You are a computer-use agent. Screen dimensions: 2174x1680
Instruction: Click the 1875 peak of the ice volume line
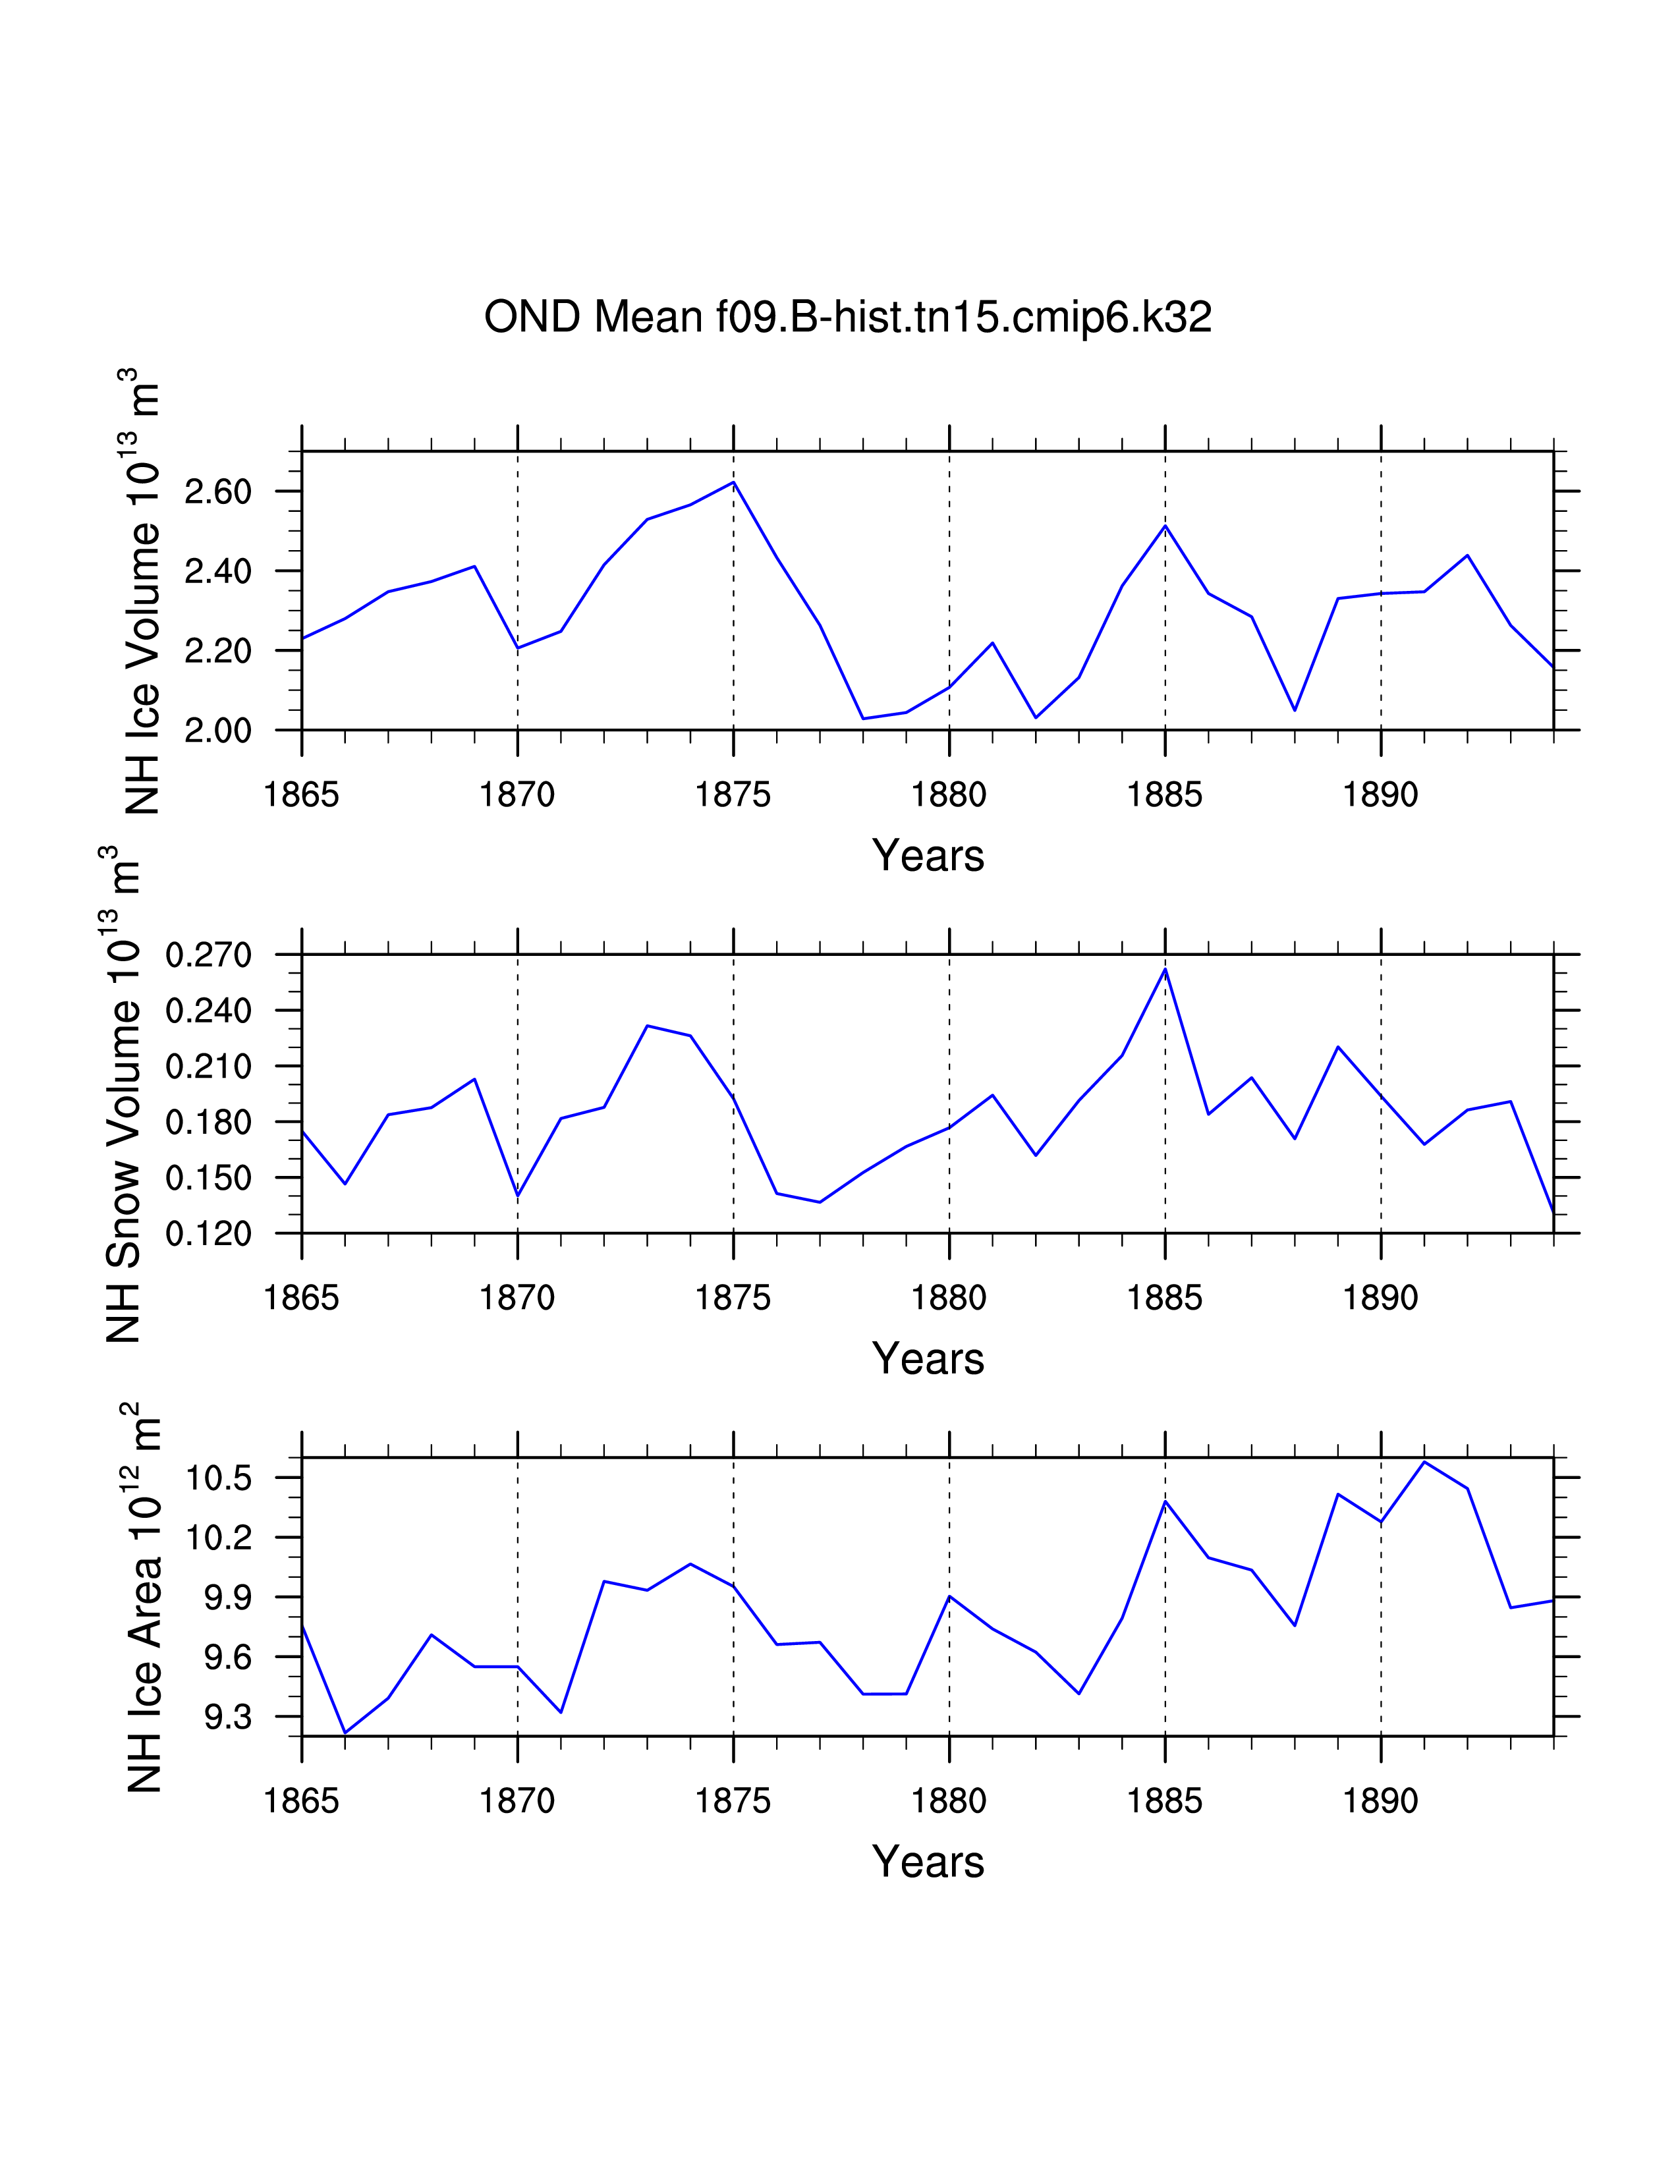tap(733, 483)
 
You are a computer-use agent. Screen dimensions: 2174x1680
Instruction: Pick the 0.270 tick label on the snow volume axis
tap(208, 956)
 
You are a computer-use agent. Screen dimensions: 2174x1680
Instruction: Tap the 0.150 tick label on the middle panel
tap(208, 1179)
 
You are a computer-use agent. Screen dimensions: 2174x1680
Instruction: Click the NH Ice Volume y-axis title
tap(142, 592)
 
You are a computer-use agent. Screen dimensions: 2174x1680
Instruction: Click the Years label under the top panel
tap(928, 856)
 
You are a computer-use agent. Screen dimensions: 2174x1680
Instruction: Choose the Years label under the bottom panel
tap(928, 1862)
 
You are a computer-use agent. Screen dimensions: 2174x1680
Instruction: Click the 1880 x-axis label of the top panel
tap(949, 795)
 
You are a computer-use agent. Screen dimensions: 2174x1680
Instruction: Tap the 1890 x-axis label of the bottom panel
tap(1380, 1802)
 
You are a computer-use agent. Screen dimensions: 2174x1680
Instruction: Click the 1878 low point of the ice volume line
tap(863, 719)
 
